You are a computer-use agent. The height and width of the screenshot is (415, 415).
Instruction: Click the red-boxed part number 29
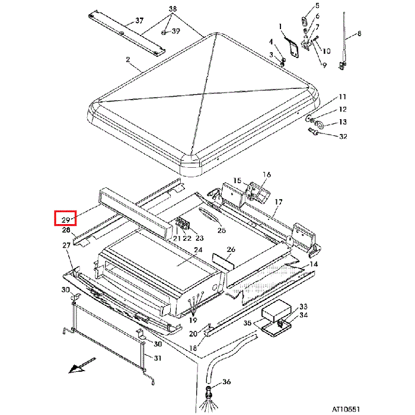point(66,220)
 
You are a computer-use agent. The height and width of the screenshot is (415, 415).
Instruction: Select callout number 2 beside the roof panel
point(127,60)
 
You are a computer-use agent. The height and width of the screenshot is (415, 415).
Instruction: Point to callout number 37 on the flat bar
point(139,21)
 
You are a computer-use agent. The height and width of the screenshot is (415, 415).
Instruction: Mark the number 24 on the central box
point(198,251)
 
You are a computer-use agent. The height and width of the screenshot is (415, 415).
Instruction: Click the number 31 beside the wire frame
point(157,358)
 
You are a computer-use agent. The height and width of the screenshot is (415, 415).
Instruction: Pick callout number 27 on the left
point(66,245)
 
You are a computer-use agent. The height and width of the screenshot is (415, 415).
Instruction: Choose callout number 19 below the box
point(193,320)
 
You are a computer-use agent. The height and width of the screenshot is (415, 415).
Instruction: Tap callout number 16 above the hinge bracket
point(267,175)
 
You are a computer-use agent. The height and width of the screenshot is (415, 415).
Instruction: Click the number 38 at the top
point(173,9)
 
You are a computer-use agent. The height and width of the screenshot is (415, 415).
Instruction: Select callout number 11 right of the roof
point(342,97)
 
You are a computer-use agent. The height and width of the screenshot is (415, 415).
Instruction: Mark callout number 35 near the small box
point(248,324)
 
